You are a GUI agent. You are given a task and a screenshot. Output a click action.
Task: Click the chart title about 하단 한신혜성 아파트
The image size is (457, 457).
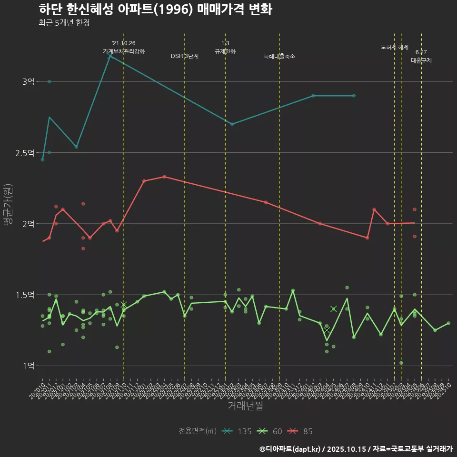coord(155,10)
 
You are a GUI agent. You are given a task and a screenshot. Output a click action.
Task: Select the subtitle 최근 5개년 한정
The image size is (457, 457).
coord(64,22)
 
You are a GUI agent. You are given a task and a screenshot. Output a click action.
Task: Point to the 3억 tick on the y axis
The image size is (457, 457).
coord(28,82)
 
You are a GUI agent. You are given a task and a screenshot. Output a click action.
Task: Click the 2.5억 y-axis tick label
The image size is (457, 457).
coord(25,153)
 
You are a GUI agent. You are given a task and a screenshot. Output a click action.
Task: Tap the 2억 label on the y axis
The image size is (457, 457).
coord(28,224)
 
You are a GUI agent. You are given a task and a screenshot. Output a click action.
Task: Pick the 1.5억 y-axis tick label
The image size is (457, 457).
coord(25,295)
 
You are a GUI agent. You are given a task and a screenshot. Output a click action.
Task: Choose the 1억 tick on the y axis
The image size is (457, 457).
coord(28,366)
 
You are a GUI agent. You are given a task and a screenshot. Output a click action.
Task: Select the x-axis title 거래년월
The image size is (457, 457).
coord(245,406)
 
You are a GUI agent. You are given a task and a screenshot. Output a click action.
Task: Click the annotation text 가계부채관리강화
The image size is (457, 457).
coord(124,51)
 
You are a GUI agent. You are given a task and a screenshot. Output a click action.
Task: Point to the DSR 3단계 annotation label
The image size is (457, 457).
coord(185,56)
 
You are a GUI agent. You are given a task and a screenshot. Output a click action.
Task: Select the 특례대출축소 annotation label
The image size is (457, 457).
coord(279,56)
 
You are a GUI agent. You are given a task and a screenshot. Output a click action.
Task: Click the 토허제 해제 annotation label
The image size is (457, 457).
coord(395,47)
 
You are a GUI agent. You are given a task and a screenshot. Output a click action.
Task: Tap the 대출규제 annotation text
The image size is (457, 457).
coord(421,61)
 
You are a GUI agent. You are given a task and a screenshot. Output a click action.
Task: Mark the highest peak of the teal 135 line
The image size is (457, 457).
coord(110,56)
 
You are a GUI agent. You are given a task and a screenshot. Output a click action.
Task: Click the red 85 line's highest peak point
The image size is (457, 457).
coord(164,177)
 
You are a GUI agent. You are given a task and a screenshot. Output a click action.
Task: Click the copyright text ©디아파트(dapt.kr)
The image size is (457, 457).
coord(291,449)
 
